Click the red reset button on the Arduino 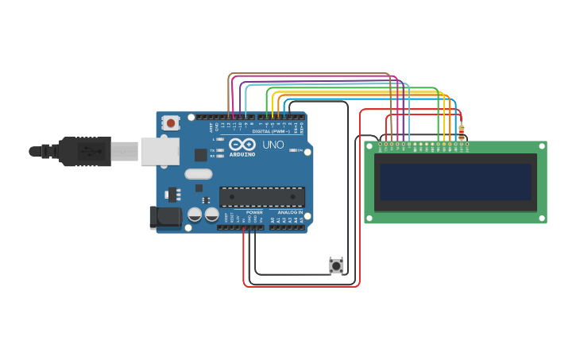(170, 122)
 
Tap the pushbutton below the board (336, 266)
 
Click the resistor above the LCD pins (462, 131)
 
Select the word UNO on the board (273, 145)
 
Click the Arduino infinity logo (242, 144)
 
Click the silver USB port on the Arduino (159, 151)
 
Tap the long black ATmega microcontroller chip (261, 196)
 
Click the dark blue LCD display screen (455, 182)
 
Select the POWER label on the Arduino (254, 212)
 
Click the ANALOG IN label (290, 212)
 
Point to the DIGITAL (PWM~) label (271, 131)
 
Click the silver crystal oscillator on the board (199, 173)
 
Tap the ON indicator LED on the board (294, 150)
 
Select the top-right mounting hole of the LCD (541, 146)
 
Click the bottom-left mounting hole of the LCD (370, 218)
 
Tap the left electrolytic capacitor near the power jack (195, 215)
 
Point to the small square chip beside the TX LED (200, 155)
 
